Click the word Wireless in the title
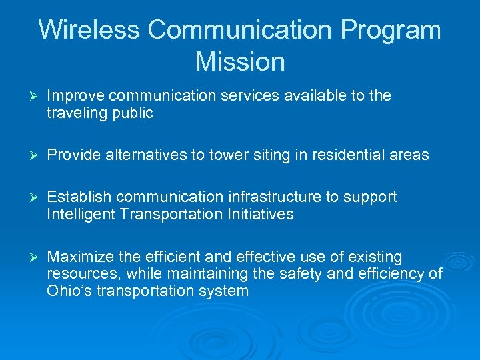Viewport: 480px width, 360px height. pyautogui.click(x=89, y=31)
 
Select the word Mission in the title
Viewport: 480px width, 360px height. pyautogui.click(x=240, y=62)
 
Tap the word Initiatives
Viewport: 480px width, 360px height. pyautogui.click(x=261, y=215)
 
